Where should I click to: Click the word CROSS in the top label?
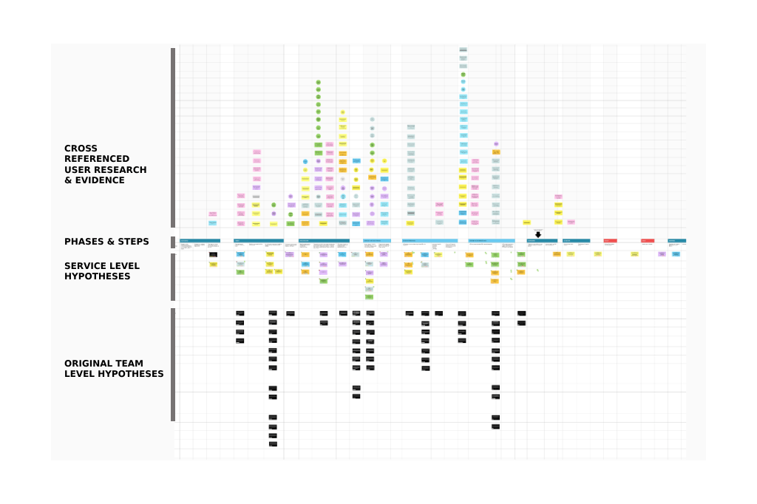click(81, 149)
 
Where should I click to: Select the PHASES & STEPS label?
click(106, 242)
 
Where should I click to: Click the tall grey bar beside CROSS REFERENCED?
click(173, 137)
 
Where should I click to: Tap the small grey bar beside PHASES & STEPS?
click(173, 242)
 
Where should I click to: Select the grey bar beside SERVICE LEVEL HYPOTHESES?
click(173, 277)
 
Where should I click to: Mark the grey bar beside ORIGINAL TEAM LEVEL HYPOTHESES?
click(173, 364)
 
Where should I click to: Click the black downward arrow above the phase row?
click(538, 234)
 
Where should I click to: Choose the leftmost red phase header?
click(610, 240)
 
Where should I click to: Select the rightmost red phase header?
click(648, 240)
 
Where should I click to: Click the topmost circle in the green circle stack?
click(318, 83)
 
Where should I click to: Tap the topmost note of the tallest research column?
click(463, 50)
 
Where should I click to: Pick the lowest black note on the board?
click(273, 444)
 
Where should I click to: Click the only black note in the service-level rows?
click(213, 255)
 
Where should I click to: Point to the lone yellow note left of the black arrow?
click(526, 222)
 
